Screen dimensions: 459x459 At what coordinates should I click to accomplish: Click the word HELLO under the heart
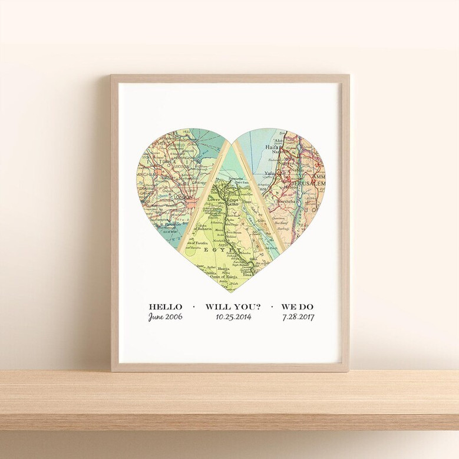(166, 306)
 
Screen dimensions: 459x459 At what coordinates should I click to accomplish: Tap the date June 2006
(166, 317)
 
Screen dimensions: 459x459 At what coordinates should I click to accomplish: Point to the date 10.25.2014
(232, 317)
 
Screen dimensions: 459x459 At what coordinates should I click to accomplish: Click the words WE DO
(298, 306)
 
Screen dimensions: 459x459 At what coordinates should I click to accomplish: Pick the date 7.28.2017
(298, 317)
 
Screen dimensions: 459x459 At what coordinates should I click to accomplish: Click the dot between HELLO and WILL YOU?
(194, 307)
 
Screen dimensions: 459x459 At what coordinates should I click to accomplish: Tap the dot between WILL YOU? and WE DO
(271, 307)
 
